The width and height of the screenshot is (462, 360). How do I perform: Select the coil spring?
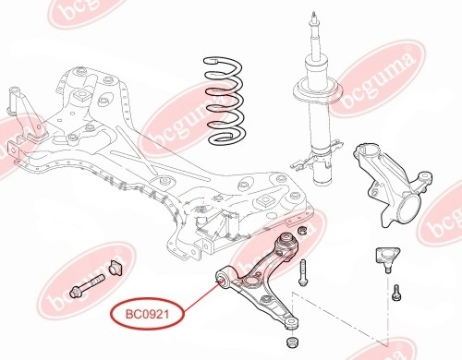point(225,101)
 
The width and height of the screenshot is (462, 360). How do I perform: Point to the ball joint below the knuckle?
point(387,258)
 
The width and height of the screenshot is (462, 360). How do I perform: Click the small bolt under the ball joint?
point(395,293)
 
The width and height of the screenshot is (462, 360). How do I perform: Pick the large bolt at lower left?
point(88,286)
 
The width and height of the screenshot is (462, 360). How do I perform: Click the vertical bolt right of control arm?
point(303,272)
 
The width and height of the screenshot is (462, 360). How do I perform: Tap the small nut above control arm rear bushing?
point(301,230)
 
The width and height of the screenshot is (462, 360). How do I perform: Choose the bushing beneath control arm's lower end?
point(292,342)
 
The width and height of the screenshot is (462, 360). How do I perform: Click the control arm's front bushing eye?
point(222,278)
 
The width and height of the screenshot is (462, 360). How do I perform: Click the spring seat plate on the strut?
point(318,90)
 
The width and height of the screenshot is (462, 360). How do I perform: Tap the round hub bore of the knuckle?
point(408,209)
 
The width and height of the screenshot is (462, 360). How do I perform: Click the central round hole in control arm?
point(251,282)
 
